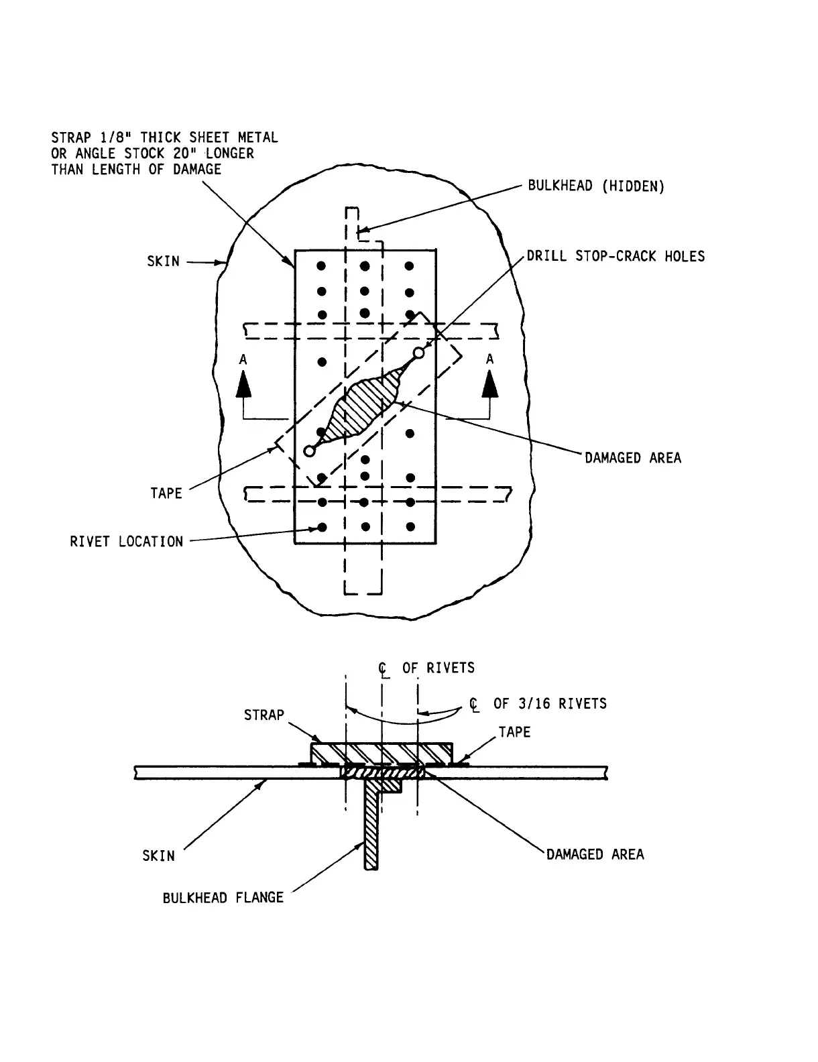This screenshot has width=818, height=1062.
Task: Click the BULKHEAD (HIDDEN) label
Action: (x=596, y=186)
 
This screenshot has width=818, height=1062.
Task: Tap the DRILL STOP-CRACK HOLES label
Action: (x=616, y=256)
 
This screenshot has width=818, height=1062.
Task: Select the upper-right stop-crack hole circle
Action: (x=419, y=353)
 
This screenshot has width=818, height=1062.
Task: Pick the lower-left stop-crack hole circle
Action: (x=309, y=451)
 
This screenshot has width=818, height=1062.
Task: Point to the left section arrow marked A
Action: (x=243, y=386)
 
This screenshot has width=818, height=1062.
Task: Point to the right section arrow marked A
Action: (x=491, y=386)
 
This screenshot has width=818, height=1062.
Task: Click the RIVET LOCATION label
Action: (x=126, y=542)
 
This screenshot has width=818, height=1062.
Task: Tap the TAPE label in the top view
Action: (x=166, y=493)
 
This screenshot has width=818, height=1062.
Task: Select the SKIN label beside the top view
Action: (x=164, y=261)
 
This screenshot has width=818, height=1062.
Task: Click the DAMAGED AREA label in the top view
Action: (x=633, y=458)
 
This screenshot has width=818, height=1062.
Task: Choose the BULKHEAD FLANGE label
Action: (x=223, y=898)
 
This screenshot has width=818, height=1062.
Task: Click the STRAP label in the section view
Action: (x=264, y=715)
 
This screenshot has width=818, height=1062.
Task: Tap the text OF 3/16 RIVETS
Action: (x=550, y=704)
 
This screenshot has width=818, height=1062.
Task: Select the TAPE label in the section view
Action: (x=514, y=732)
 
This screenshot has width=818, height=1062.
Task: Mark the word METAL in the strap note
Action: (x=258, y=137)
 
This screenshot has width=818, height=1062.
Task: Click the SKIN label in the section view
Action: (x=158, y=856)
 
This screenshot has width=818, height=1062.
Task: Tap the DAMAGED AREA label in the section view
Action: (x=595, y=855)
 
